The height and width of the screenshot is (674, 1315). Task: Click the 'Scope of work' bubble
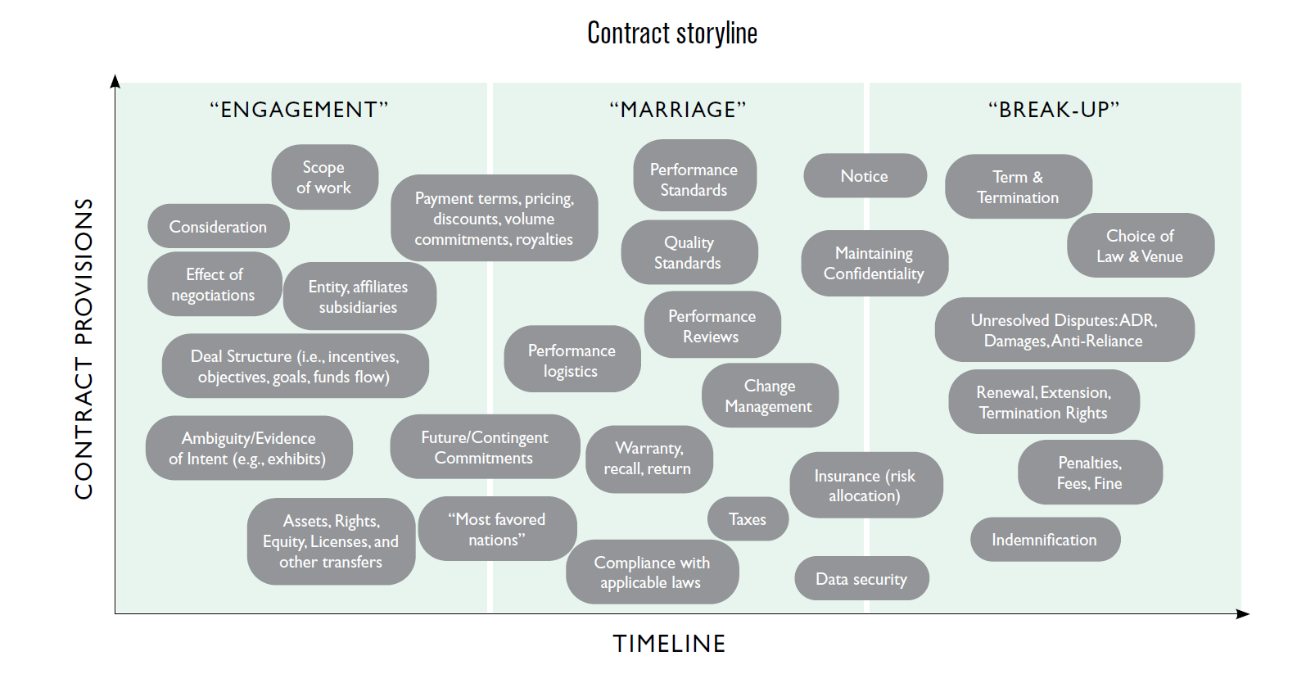(324, 177)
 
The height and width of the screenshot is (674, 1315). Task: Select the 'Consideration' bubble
(218, 227)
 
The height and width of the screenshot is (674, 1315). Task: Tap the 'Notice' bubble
(865, 176)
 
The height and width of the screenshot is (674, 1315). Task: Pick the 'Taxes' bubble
(748, 519)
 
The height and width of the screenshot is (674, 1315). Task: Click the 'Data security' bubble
(861, 579)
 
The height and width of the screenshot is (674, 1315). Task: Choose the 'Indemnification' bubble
(1044, 540)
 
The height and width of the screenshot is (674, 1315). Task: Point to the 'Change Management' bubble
(769, 396)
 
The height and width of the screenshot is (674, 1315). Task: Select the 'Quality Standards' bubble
(689, 252)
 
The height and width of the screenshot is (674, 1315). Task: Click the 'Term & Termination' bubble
(1018, 187)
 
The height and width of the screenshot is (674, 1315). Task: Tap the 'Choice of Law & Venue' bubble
(1140, 246)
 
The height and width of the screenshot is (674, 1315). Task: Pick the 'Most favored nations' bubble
(497, 529)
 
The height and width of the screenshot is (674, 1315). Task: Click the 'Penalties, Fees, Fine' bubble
(1089, 473)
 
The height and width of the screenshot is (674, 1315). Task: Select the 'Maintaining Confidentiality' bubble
(874, 263)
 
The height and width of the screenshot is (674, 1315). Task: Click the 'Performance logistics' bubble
(572, 360)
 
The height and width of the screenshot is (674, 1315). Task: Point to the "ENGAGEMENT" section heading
(299, 110)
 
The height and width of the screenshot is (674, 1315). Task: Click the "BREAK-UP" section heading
(1054, 110)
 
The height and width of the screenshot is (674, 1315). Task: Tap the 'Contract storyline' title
(672, 34)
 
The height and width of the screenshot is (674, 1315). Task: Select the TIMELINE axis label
(669, 644)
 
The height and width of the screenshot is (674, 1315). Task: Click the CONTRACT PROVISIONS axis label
(84, 348)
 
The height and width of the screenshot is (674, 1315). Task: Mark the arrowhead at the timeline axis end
(1243, 613)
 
